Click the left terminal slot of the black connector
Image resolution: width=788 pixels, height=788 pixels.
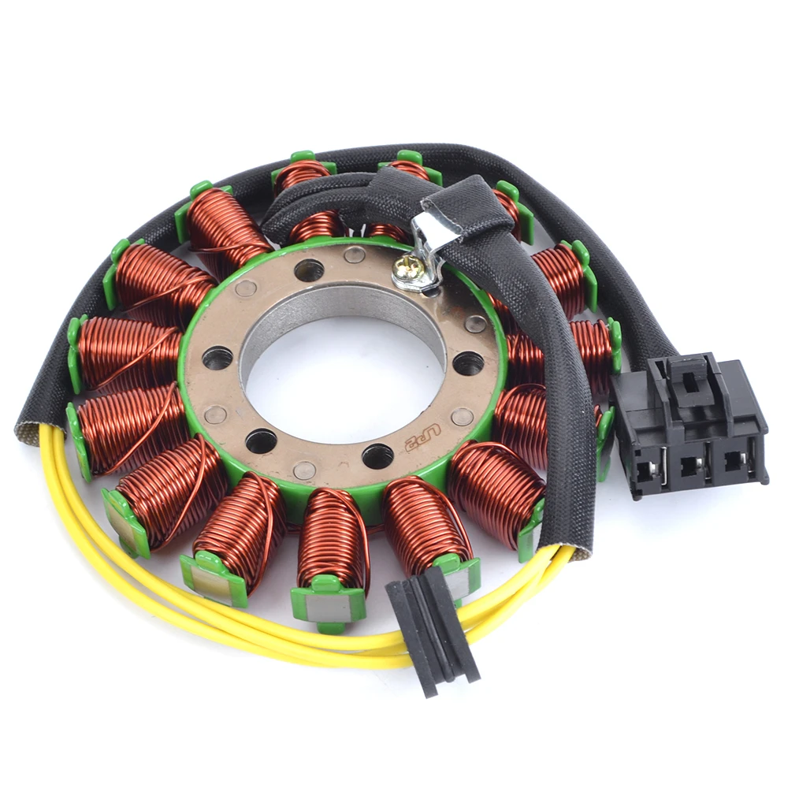pyautogui.click(x=644, y=470)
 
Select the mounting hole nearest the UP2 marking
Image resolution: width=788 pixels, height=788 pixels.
pyautogui.click(x=377, y=455)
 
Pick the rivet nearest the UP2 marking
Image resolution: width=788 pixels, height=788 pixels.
pyautogui.click(x=463, y=417)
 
